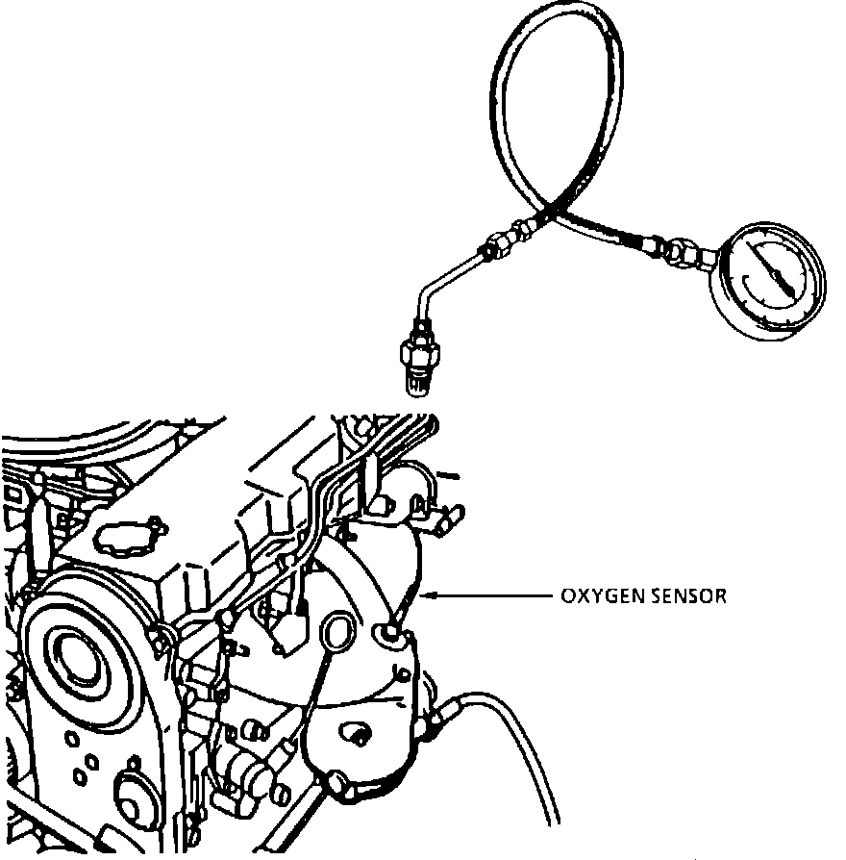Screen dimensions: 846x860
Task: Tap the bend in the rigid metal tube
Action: (x=423, y=292)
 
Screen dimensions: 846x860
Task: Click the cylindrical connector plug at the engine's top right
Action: (x=443, y=519)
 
